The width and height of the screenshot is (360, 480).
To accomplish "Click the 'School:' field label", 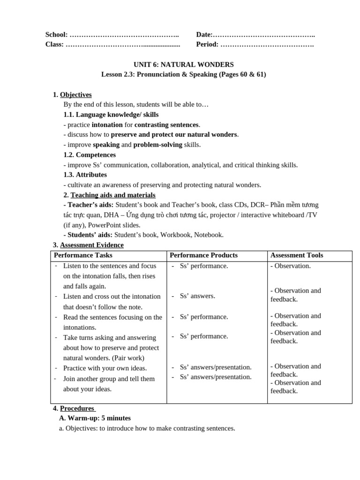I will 56,35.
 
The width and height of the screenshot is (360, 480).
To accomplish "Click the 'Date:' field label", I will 204,35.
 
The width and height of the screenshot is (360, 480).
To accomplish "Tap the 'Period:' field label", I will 207,45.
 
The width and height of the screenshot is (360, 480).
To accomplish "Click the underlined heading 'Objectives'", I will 76,95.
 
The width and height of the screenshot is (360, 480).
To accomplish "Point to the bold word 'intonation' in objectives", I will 107,125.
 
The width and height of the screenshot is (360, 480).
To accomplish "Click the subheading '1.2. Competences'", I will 90,155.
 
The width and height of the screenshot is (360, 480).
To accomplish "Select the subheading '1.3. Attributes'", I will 85,174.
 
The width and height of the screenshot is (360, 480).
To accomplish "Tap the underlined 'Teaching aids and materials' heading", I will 113,195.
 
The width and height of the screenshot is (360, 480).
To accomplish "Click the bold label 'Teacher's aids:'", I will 89,205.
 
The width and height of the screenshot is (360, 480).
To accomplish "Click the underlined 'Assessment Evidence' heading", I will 92,245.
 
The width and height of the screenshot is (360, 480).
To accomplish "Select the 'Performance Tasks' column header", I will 83,255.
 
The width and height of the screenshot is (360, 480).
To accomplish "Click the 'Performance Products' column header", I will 203,255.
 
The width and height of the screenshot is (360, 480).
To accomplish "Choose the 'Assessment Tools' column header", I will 297,255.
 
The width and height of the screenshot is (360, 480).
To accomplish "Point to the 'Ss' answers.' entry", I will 197,296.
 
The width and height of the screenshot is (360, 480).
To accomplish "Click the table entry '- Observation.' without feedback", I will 290,266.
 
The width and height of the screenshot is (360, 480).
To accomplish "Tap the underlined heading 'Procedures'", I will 77,408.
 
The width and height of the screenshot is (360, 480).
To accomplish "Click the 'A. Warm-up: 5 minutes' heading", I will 95,418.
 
